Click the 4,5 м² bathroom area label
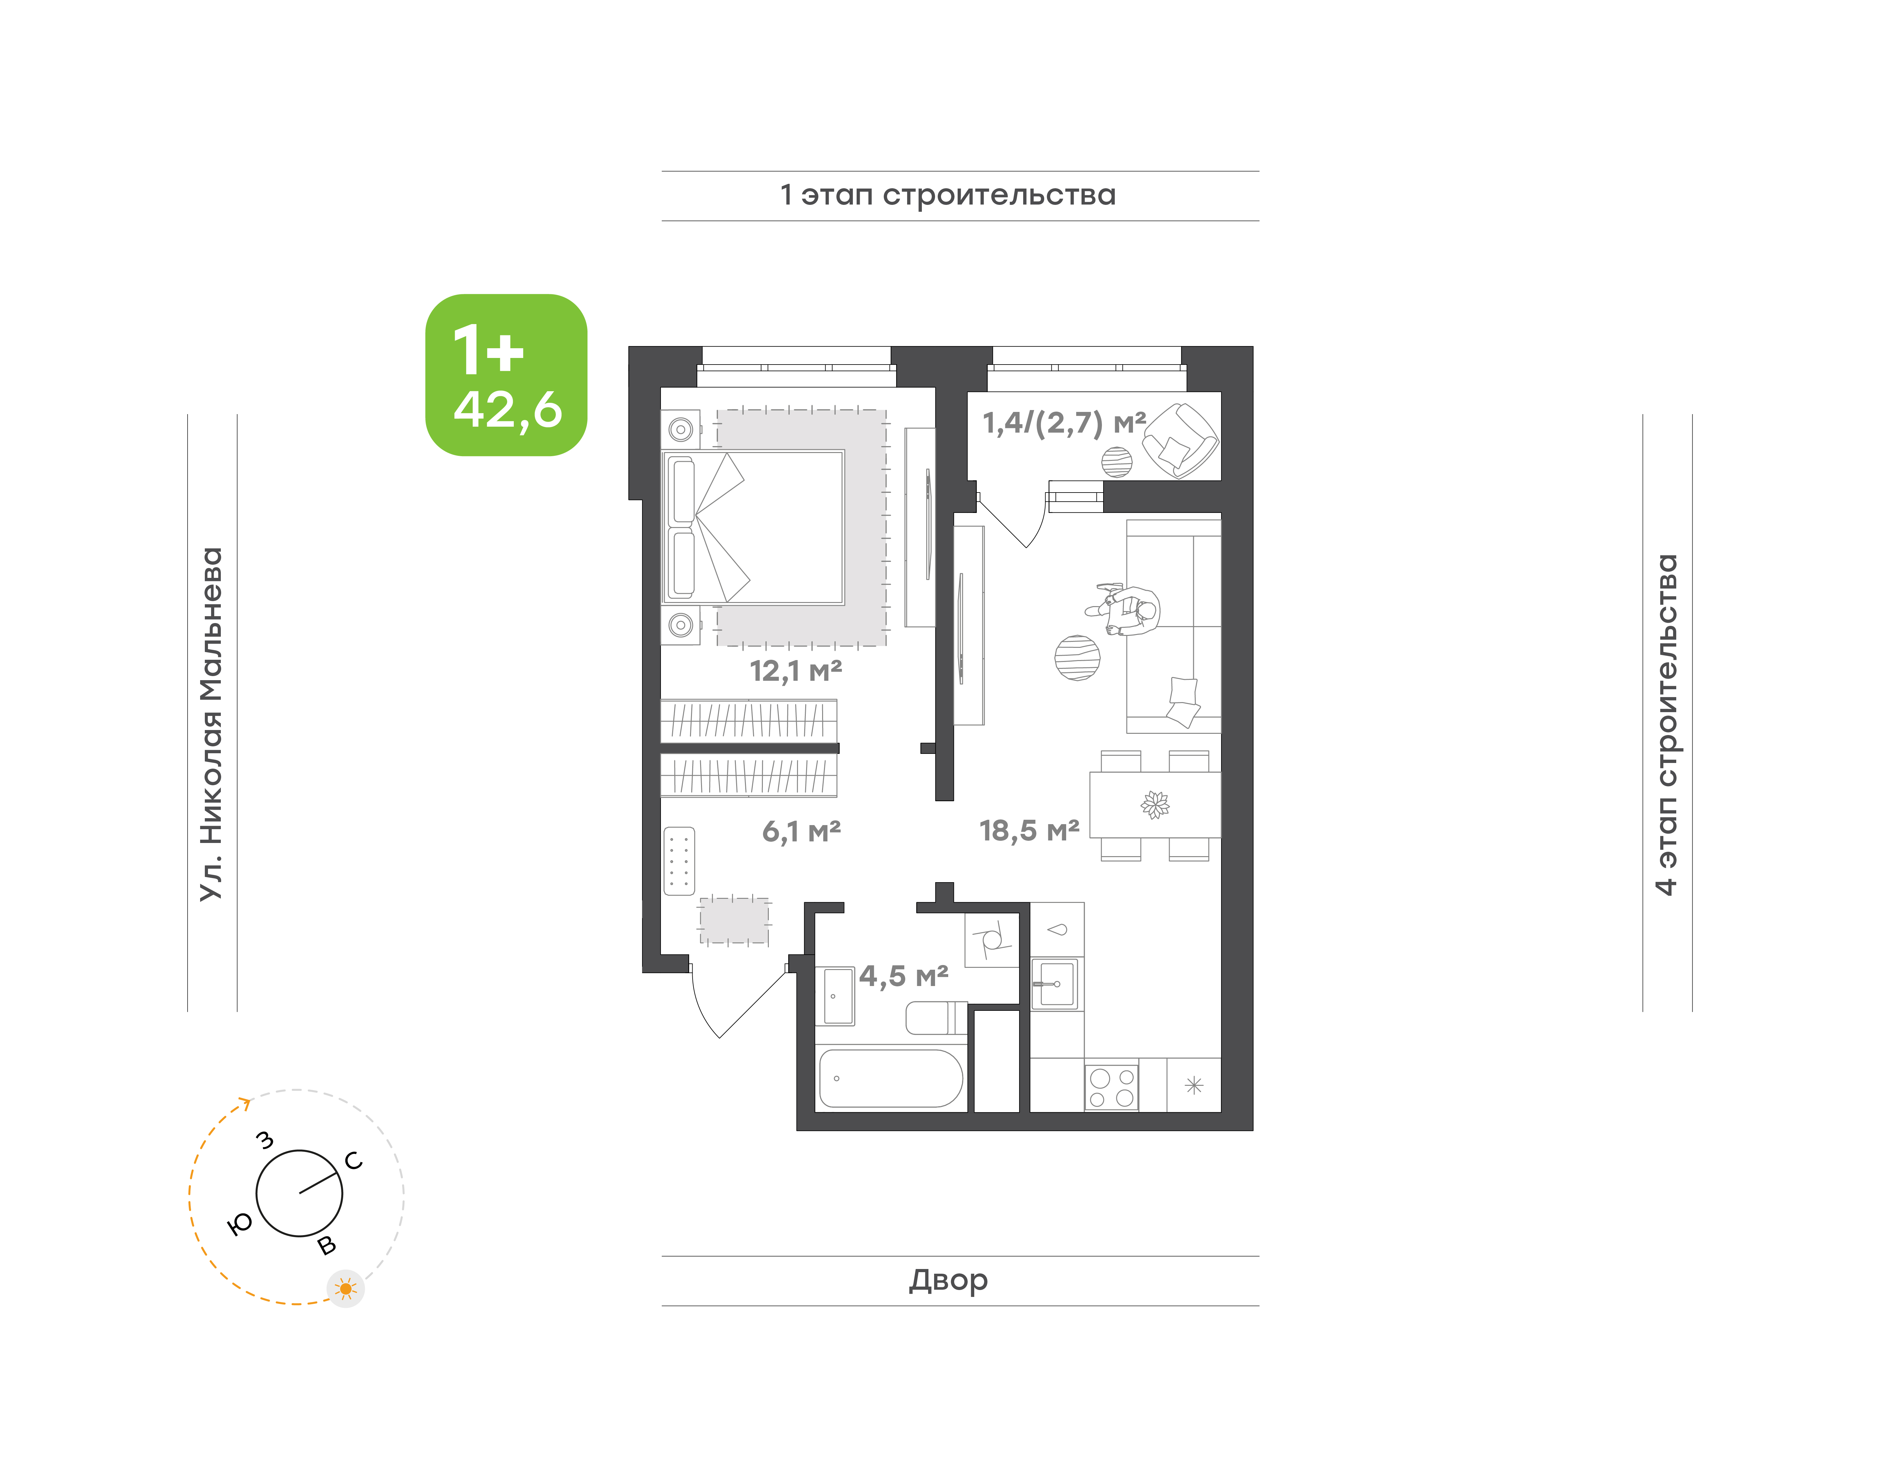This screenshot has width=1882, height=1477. tap(903, 976)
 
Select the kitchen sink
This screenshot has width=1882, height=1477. tap(1055, 983)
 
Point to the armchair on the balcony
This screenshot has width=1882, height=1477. tap(1180, 440)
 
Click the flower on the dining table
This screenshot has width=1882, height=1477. tap(1155, 804)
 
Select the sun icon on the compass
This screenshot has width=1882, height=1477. tap(346, 1288)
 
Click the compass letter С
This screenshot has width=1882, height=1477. tap(354, 1160)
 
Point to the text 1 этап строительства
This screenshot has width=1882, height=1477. tap(948, 195)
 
